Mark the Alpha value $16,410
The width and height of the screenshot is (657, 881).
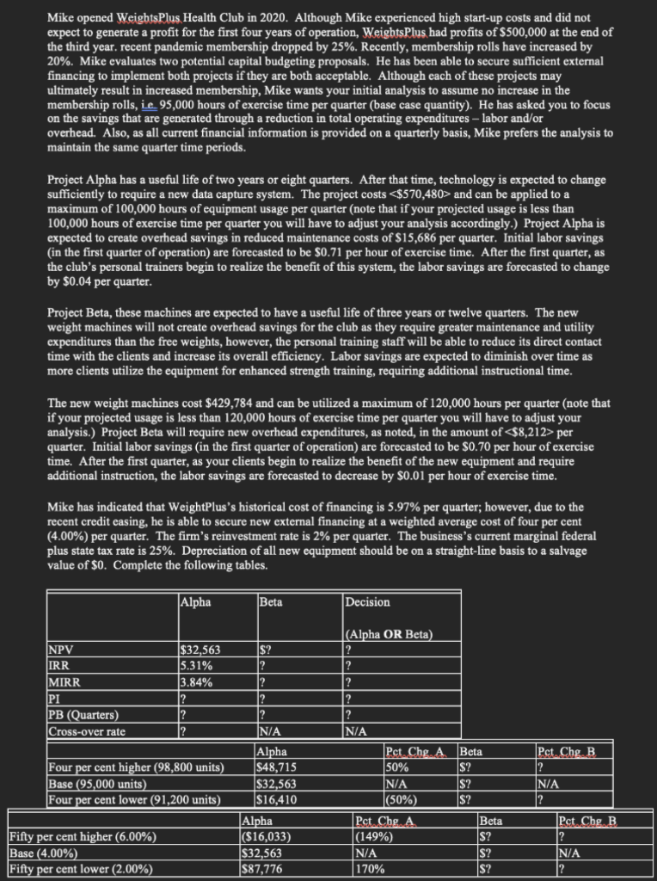pos(278,798)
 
